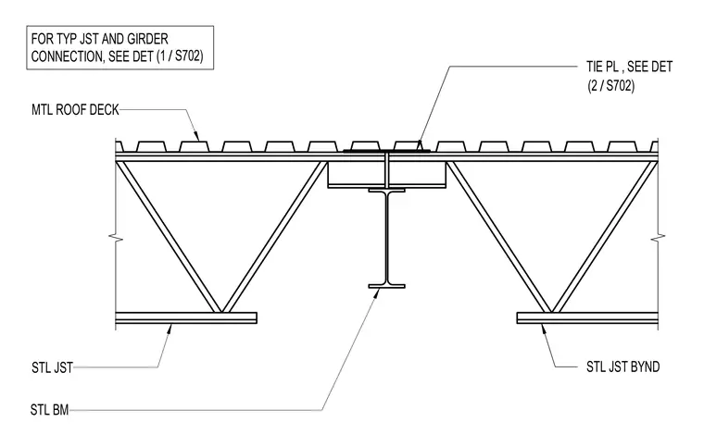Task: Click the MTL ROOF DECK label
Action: point(75,110)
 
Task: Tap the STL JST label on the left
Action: point(52,367)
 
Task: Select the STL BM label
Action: point(49,410)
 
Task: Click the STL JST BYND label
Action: point(622,366)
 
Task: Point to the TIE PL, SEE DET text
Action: point(629,67)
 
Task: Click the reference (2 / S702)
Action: point(611,86)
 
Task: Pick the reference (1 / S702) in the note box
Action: point(180,56)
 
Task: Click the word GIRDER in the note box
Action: point(147,39)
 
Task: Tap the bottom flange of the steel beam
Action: point(386,286)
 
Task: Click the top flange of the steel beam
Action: point(386,190)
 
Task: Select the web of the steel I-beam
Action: point(386,238)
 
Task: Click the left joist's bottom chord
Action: point(186,317)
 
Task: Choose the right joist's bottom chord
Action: point(587,317)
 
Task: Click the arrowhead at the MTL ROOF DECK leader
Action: point(195,134)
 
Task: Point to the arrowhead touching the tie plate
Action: point(420,144)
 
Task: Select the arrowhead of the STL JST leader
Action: point(170,329)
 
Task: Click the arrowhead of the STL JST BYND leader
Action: point(544,329)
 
